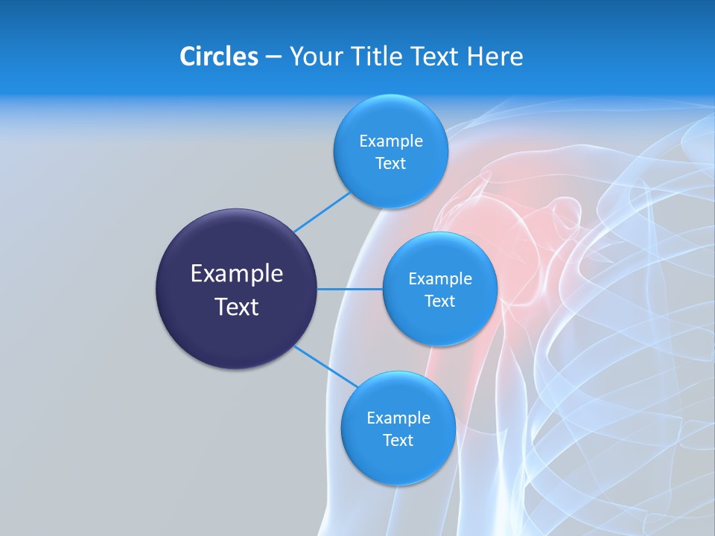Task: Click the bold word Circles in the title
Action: [219, 57]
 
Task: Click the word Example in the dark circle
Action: [237, 274]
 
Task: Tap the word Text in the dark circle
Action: [237, 307]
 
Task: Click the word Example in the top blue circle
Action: [390, 141]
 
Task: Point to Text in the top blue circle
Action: [390, 164]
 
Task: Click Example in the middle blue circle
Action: [439, 279]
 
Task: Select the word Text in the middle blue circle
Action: [439, 301]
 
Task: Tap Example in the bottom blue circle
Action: [398, 418]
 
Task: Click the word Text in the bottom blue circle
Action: [398, 441]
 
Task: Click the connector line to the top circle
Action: [322, 211]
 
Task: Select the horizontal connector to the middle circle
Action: [350, 289]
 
